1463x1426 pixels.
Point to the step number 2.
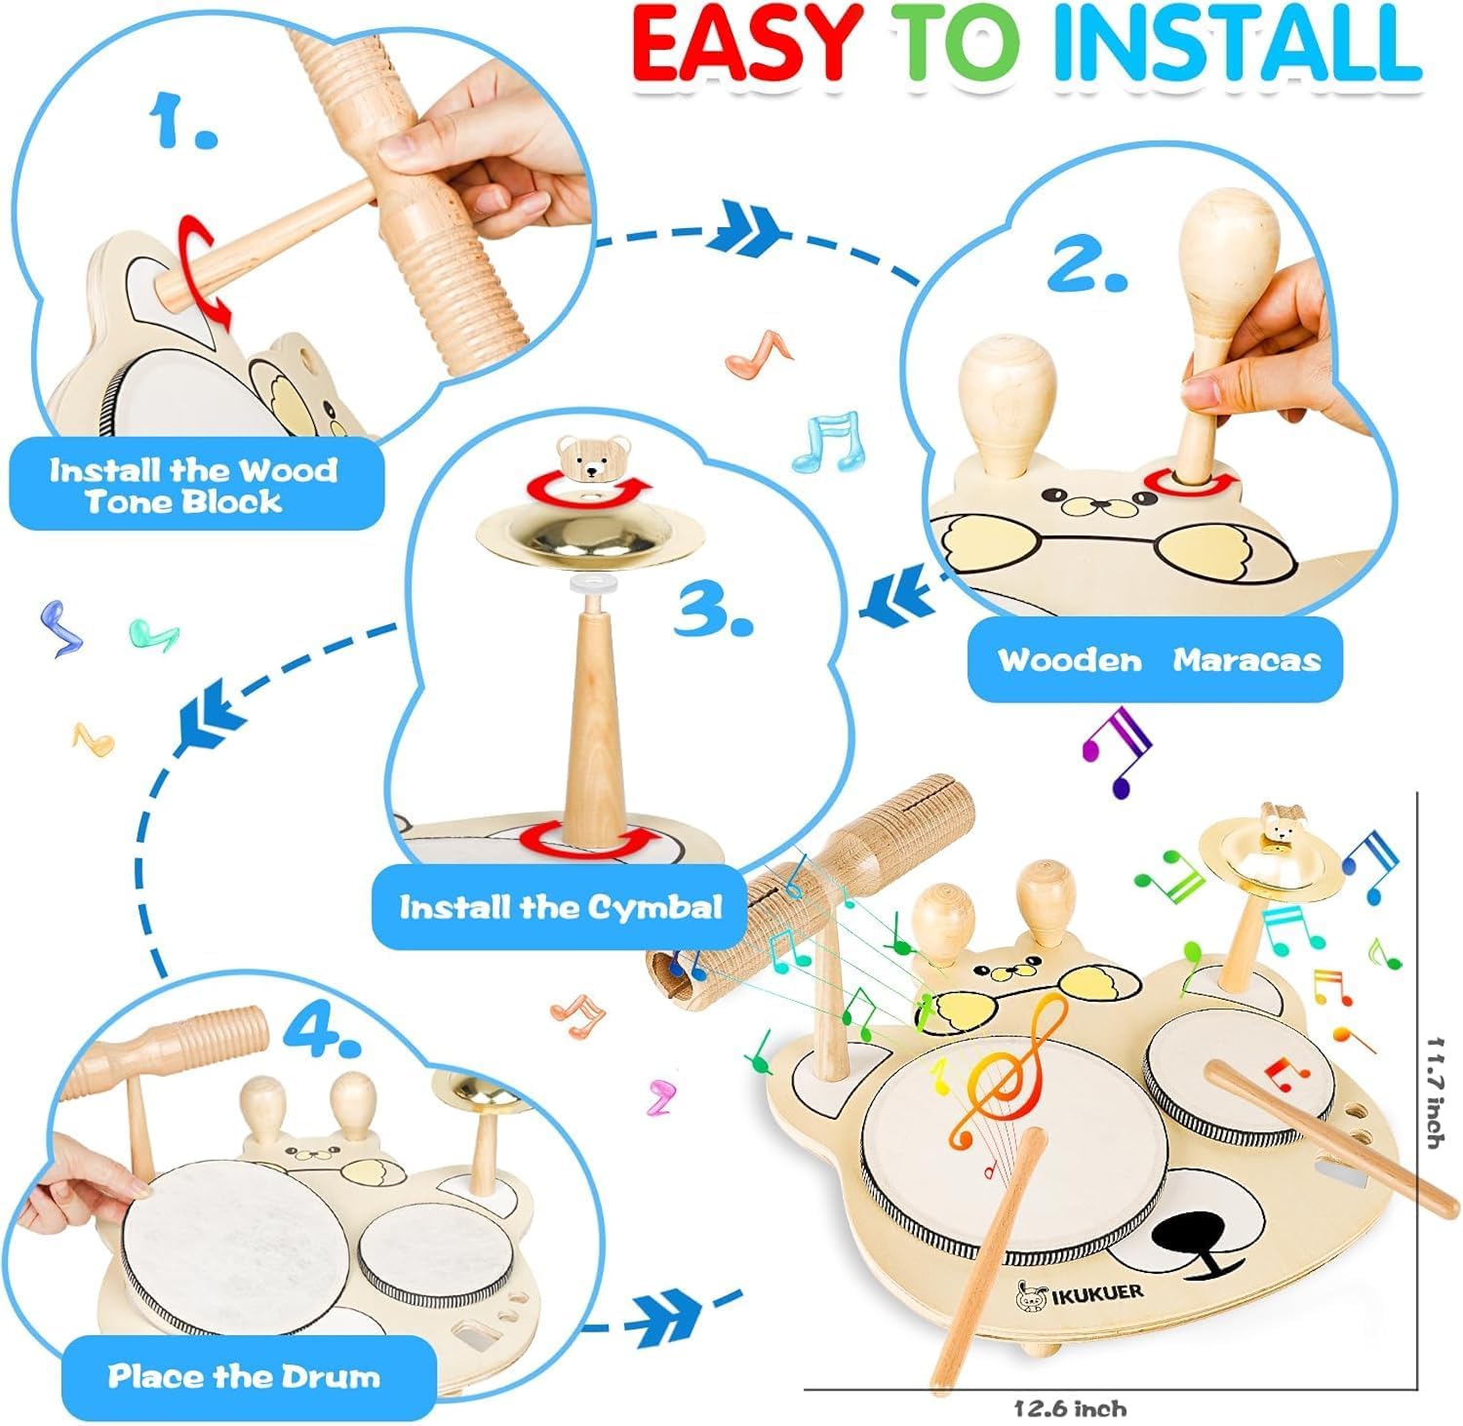[x=1088, y=263]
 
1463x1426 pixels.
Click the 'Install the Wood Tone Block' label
[x=193, y=486]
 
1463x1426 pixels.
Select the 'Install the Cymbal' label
[x=561, y=908]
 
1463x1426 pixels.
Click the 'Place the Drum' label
[x=244, y=1376]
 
